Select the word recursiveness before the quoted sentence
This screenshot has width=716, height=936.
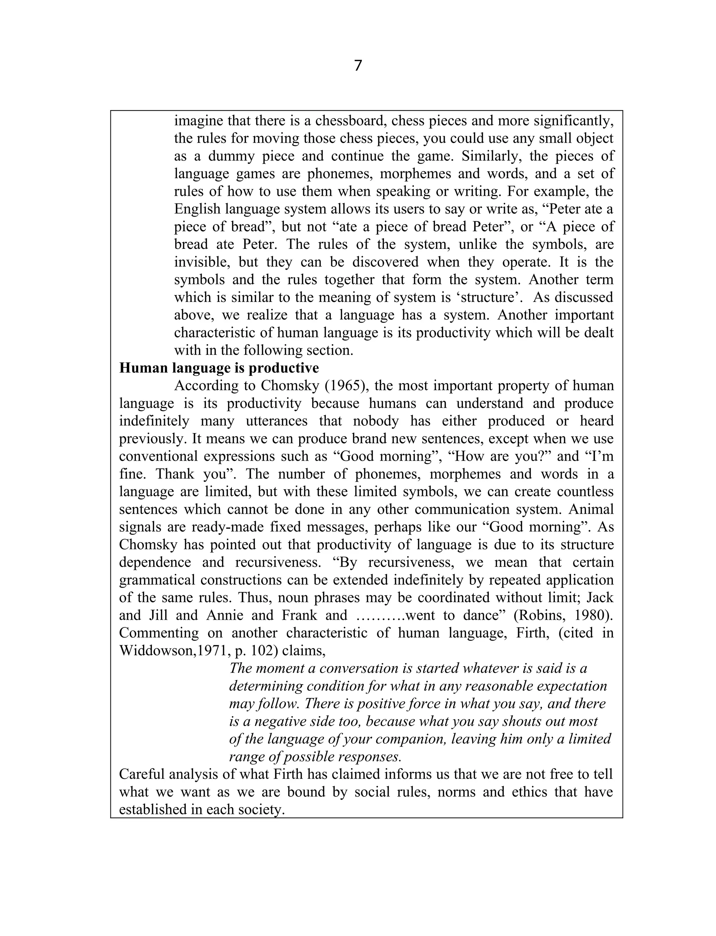278,562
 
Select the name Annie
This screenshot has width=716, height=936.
224,615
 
